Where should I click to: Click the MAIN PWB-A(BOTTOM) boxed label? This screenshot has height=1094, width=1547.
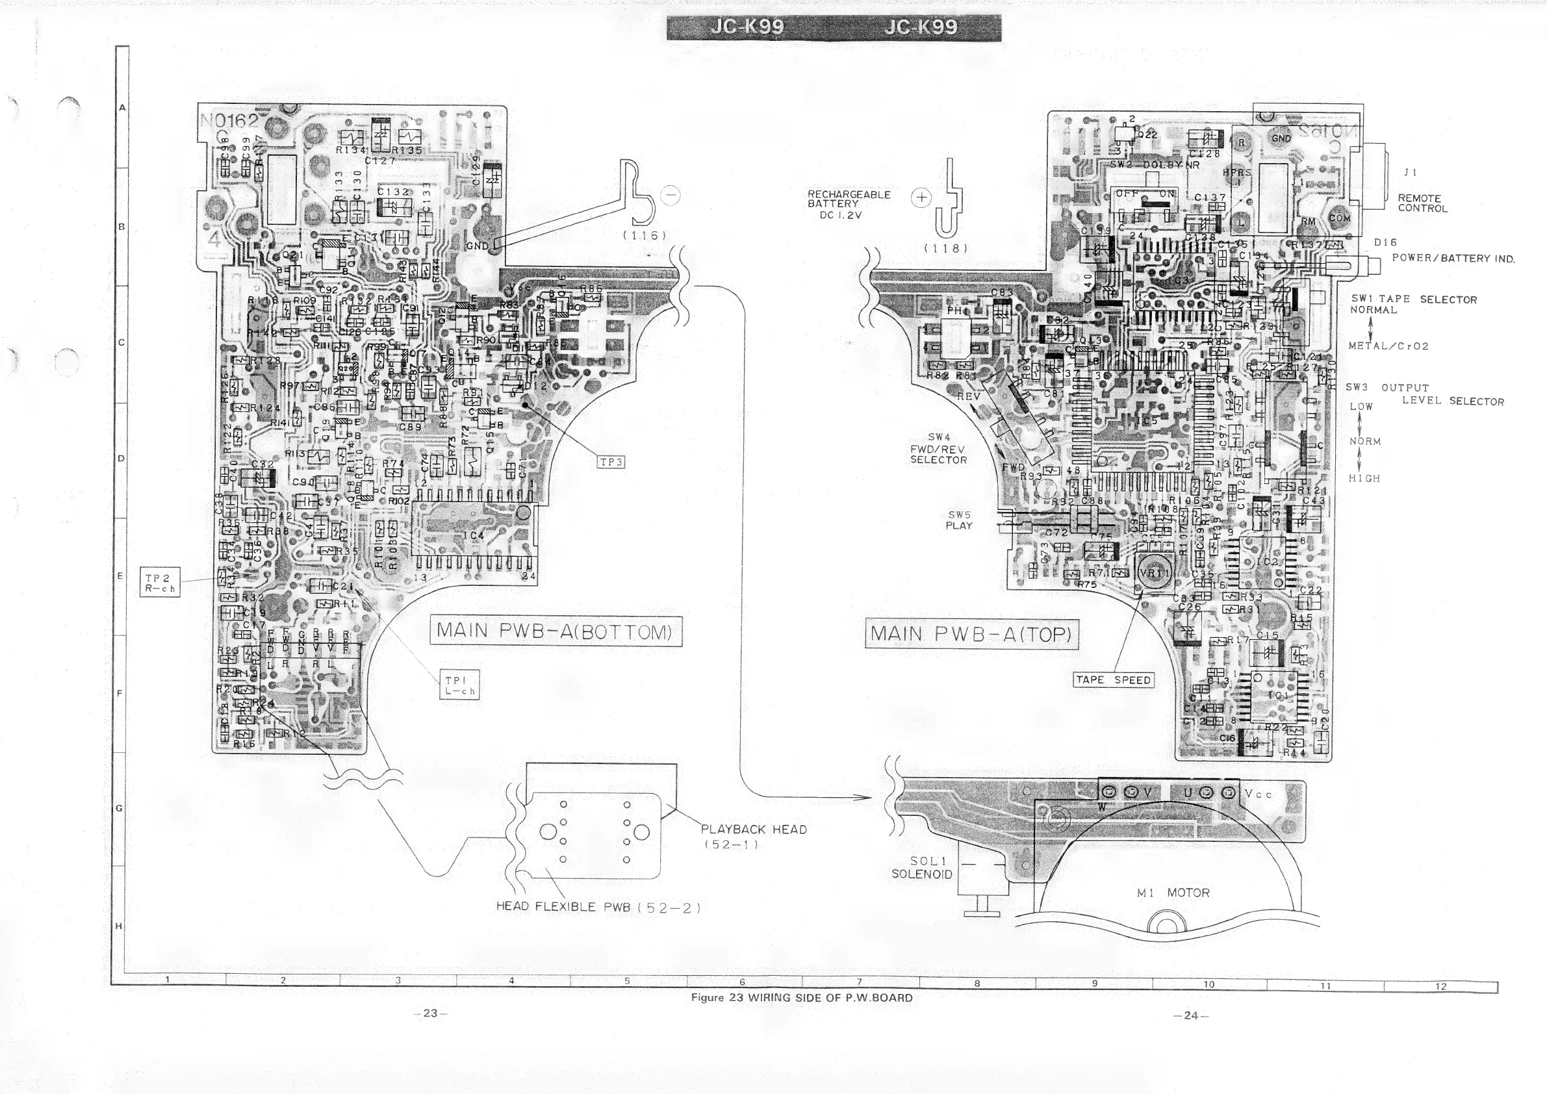[x=556, y=631]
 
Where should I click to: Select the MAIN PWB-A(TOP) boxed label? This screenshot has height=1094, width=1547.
[x=971, y=635]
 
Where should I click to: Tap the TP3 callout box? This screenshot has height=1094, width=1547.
[x=611, y=462]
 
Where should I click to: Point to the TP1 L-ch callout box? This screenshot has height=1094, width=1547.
[x=459, y=685]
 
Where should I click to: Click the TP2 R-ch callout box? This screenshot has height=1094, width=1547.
[x=160, y=583]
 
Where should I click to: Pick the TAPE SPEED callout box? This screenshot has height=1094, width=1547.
[x=1113, y=680]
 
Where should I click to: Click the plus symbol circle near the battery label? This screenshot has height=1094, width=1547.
[x=921, y=197]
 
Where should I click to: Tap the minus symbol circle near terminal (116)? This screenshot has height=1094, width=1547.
[x=671, y=196]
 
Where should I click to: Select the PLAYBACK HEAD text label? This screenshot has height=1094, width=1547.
[x=753, y=829]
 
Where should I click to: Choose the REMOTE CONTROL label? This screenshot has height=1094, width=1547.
[x=1422, y=203]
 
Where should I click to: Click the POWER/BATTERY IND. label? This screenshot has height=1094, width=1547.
[x=1453, y=258]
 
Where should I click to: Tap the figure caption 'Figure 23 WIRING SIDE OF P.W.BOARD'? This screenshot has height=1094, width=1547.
[x=801, y=998]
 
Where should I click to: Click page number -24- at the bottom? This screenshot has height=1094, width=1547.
[x=1190, y=1015]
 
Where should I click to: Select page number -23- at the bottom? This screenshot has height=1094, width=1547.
[x=431, y=1013]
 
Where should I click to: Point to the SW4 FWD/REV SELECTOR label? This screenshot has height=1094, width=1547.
[x=938, y=449]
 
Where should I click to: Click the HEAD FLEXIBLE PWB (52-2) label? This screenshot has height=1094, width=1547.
[x=598, y=907]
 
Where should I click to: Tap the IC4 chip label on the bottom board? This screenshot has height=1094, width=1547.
[x=474, y=535]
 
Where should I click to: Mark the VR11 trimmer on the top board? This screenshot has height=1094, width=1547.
[x=1155, y=573]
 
